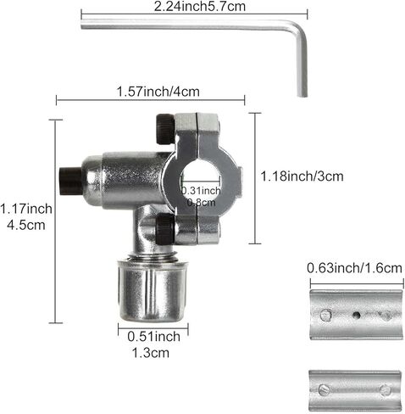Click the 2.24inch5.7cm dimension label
(x=200, y=6)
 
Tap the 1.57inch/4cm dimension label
(x=158, y=92)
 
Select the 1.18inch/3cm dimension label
(x=302, y=176)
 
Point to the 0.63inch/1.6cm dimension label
(x=354, y=268)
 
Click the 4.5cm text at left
(x=26, y=225)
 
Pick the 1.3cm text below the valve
(x=151, y=353)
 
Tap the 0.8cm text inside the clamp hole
(x=202, y=202)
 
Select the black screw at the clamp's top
(x=165, y=129)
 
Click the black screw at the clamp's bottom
(x=164, y=229)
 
